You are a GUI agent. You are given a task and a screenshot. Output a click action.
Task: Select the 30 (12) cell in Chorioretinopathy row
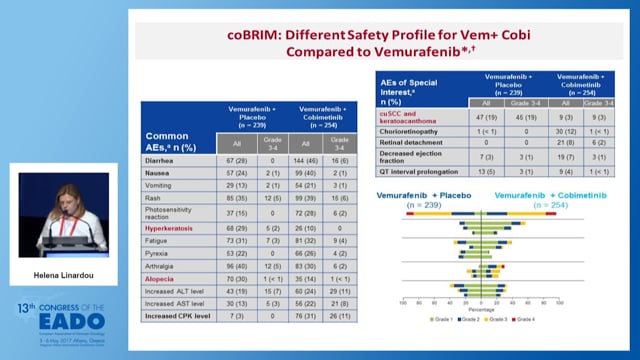point(566,131)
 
